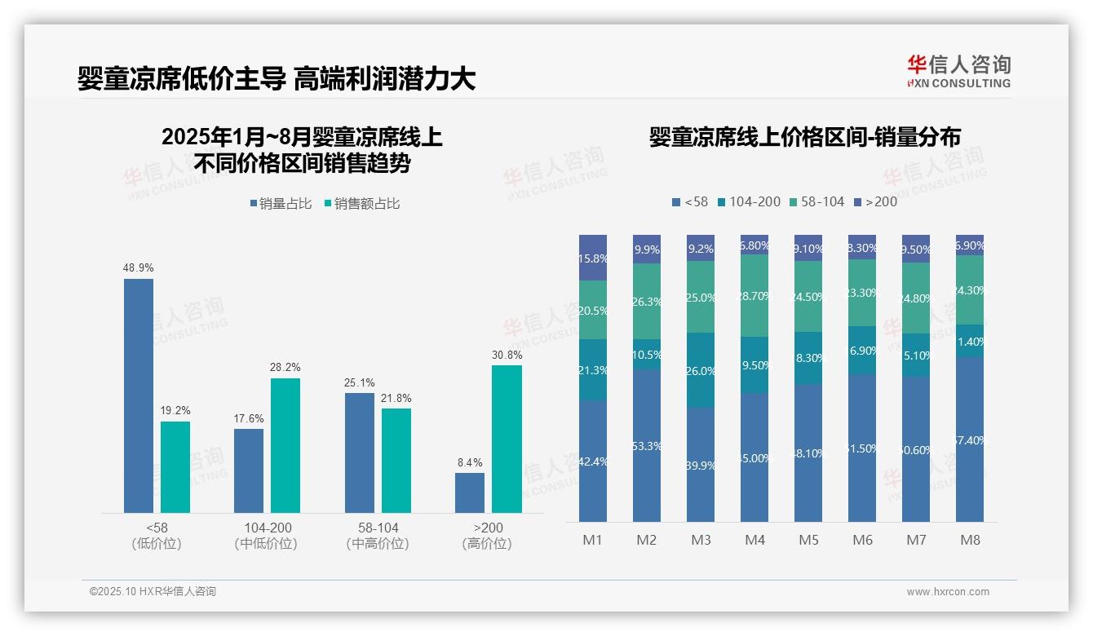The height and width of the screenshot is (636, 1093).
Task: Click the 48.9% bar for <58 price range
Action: click(x=139, y=395)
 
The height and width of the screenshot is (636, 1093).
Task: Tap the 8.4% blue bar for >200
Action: click(x=470, y=492)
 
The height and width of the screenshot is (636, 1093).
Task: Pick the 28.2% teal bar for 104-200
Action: click(x=285, y=445)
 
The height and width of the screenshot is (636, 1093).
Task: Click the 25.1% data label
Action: click(x=359, y=382)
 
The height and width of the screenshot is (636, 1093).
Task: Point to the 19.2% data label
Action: click(x=175, y=411)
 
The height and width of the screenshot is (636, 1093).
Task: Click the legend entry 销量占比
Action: click(x=281, y=204)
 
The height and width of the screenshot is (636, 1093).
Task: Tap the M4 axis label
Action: click(x=754, y=540)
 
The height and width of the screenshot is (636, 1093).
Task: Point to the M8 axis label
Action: click(x=970, y=540)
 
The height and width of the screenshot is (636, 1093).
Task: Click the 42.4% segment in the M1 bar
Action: click(x=593, y=461)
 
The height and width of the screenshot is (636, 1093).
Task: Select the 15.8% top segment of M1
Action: click(x=593, y=258)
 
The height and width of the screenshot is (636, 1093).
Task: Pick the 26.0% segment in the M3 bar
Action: click(x=701, y=370)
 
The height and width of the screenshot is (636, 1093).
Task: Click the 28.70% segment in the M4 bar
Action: click(x=754, y=296)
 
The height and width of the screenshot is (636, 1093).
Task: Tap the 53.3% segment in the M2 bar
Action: click(x=647, y=445)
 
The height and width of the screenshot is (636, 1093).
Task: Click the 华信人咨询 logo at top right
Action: click(x=958, y=71)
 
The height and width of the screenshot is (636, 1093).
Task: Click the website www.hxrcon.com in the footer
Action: click(x=948, y=592)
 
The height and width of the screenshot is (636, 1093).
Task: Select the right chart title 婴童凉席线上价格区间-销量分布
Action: click(x=804, y=137)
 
